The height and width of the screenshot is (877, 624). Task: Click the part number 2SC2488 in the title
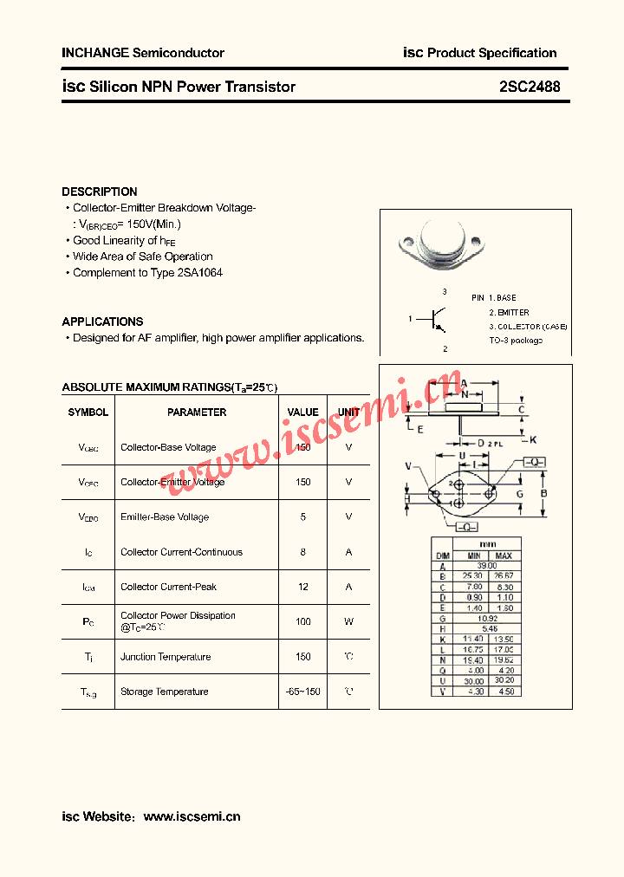[x=530, y=87]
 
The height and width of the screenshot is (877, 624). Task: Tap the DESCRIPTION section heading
[x=100, y=192]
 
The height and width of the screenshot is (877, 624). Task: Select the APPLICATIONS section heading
[x=102, y=322]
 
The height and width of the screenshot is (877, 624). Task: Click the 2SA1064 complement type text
[x=199, y=273]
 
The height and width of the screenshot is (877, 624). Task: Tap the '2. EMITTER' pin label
[x=509, y=312]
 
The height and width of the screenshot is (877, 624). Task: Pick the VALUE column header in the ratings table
[x=303, y=413]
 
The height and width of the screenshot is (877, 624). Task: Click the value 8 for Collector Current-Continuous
[x=303, y=552]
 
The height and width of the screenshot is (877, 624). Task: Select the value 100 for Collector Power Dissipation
[x=303, y=621]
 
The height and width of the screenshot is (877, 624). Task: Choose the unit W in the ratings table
[x=348, y=621]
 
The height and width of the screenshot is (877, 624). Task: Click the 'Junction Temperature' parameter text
[x=166, y=657]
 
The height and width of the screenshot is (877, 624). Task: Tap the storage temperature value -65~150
[x=303, y=692]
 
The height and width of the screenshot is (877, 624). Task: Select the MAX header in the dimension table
[x=505, y=555]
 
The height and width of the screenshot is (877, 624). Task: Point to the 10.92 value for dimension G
[x=489, y=619]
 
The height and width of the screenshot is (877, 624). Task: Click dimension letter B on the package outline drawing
[x=544, y=494]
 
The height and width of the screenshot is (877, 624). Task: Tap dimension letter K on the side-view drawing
[x=533, y=439]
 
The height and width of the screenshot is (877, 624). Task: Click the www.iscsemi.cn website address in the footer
[x=192, y=816]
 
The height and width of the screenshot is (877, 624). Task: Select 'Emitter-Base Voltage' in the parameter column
[x=165, y=517]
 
